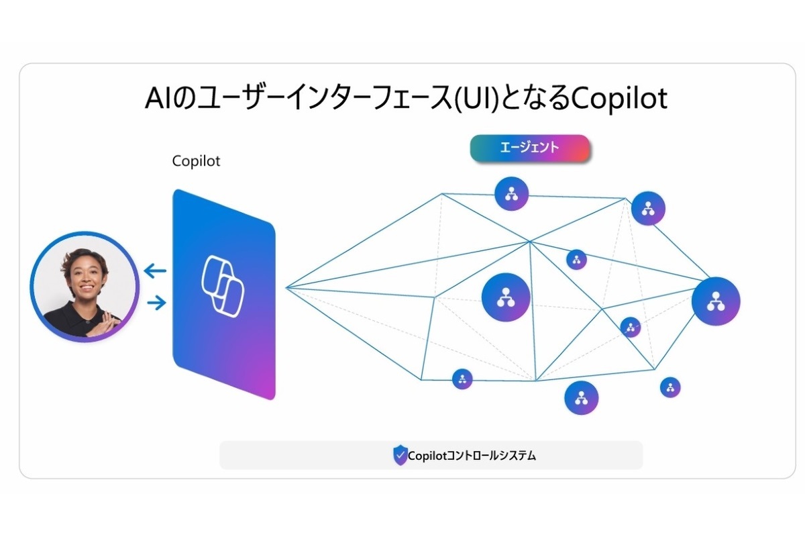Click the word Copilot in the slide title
[x=617, y=98]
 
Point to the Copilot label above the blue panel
[x=196, y=161]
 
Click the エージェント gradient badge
[x=529, y=148]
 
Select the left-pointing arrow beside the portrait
[x=155, y=271]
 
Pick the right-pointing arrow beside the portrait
[x=155, y=303]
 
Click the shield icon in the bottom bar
[x=400, y=455]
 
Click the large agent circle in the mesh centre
[x=506, y=297]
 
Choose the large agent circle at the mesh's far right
[x=716, y=301]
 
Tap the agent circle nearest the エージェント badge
[x=512, y=194]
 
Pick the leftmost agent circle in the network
[x=462, y=379]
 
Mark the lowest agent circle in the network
[x=581, y=397]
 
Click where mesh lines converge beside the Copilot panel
[x=287, y=288]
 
